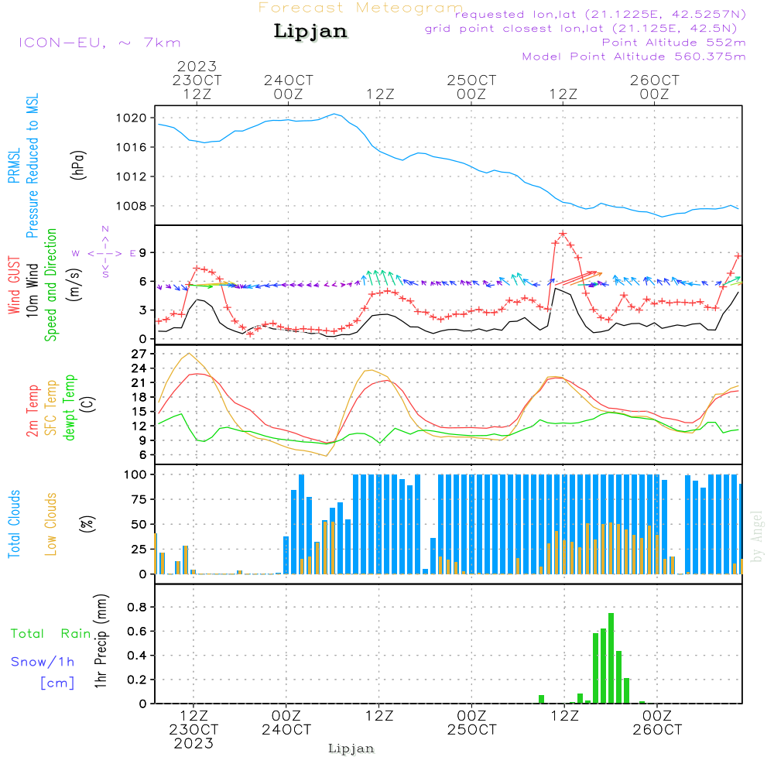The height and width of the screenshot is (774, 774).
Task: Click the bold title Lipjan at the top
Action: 310,32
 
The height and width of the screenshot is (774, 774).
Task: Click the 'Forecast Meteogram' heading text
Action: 361,8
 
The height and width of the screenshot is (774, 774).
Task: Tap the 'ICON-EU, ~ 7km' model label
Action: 99,42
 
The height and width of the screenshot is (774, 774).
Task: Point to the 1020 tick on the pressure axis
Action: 132,118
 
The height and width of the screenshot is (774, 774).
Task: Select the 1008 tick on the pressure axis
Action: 132,206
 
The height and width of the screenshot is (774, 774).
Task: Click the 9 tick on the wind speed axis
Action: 143,252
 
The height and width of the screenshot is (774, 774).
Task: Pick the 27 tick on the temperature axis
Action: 139,354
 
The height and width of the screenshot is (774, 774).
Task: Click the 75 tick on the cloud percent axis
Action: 138,499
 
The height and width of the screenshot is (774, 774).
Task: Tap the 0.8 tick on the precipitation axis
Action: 137,607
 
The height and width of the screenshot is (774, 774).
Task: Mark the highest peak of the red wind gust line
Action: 563,233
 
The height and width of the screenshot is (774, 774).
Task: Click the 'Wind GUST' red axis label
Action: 15,286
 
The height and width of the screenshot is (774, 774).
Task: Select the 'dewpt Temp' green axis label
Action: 70,408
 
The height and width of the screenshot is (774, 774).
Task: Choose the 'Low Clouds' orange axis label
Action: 51,523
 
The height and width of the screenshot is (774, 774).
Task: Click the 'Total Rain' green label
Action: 50,634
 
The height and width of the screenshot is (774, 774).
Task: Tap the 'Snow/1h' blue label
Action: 43,662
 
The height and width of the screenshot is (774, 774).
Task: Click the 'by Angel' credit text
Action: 757,536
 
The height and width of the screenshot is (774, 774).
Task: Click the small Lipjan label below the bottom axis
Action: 351,748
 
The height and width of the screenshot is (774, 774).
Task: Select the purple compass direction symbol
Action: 105,252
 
